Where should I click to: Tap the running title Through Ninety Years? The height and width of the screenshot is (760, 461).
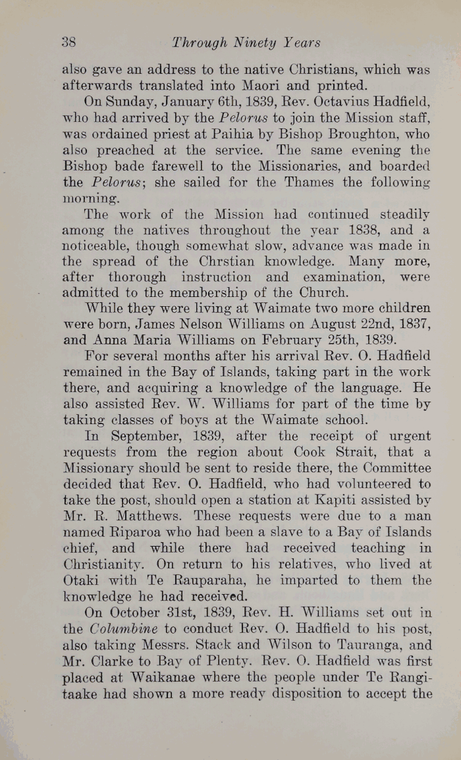246,43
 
